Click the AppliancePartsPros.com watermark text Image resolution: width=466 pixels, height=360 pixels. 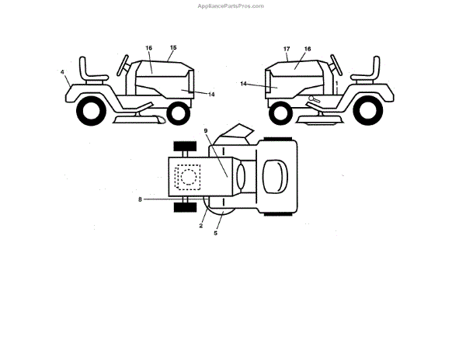[x=232, y=5]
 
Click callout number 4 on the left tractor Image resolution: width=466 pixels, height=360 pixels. [x=62, y=72]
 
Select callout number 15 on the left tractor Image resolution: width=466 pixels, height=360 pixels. [x=173, y=48]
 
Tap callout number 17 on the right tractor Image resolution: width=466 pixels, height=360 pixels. [x=287, y=49]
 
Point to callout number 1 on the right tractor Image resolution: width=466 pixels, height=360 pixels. [x=336, y=81]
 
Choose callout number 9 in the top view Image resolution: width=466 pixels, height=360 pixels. [x=206, y=132]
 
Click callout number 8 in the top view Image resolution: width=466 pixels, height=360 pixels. [x=141, y=199]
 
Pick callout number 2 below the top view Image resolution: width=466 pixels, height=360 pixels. [x=201, y=226]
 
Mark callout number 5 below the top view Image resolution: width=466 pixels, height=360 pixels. [x=216, y=233]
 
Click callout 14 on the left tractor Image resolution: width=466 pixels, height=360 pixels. [x=211, y=95]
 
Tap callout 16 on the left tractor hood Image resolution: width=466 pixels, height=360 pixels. [x=148, y=48]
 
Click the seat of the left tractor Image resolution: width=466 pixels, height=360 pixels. [x=95, y=71]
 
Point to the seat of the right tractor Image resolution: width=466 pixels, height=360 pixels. [x=364, y=72]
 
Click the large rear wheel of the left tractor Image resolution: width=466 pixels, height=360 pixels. [x=92, y=112]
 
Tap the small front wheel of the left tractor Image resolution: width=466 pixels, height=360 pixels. [x=178, y=113]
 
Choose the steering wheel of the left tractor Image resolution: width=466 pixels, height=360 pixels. [x=123, y=64]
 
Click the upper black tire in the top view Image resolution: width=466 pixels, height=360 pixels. [x=183, y=146]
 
